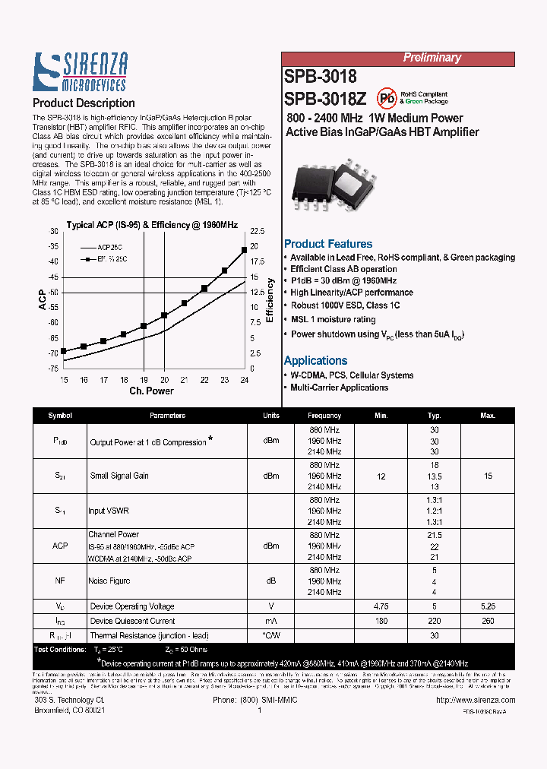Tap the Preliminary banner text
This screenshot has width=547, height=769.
click(432, 58)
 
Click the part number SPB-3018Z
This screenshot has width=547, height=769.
click(325, 99)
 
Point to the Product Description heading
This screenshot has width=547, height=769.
click(84, 103)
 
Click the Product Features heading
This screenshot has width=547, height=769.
click(328, 244)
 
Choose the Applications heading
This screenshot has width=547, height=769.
click(315, 361)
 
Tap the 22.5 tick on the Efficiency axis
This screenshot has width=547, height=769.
click(257, 231)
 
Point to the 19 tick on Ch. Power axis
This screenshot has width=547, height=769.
click(144, 380)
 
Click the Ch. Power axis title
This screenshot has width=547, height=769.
click(151, 391)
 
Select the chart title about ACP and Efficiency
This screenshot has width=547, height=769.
click(152, 225)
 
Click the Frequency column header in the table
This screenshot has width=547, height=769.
click(324, 416)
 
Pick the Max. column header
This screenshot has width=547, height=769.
click(488, 416)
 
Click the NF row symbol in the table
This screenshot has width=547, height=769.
click(60, 581)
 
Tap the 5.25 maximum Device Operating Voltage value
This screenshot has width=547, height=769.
click(488, 606)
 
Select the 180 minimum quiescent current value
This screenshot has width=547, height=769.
click(381, 621)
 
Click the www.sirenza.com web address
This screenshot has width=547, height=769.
click(483, 701)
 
